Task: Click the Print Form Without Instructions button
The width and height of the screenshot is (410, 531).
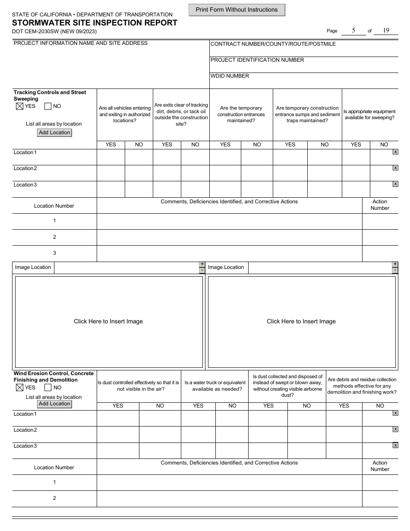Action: point(237,10)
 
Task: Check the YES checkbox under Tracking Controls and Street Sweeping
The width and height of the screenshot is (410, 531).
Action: point(19,106)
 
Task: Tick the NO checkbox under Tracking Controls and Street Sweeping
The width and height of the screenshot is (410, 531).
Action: point(48,106)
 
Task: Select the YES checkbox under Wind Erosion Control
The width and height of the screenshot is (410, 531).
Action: point(19,388)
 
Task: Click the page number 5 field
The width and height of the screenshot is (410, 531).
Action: point(353,30)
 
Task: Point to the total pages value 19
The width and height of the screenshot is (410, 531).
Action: point(386,30)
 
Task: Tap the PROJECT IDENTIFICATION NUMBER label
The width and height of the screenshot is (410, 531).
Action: point(257,60)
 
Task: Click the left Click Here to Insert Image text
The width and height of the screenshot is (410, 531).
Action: point(108,322)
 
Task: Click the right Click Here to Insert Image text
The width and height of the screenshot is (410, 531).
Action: point(301,322)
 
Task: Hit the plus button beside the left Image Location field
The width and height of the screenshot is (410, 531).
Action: point(202,264)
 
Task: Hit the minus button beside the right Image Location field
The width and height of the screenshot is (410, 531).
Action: point(395,271)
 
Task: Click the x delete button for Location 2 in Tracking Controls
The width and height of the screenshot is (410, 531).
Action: point(395,168)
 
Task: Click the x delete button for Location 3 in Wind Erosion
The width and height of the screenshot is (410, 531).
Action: point(395,445)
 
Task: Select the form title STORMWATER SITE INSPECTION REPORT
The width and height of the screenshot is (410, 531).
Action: point(95,23)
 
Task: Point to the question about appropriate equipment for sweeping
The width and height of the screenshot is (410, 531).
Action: point(370,114)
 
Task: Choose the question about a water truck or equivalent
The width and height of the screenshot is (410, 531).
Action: point(215,386)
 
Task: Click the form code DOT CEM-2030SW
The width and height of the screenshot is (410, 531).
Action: point(37,32)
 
